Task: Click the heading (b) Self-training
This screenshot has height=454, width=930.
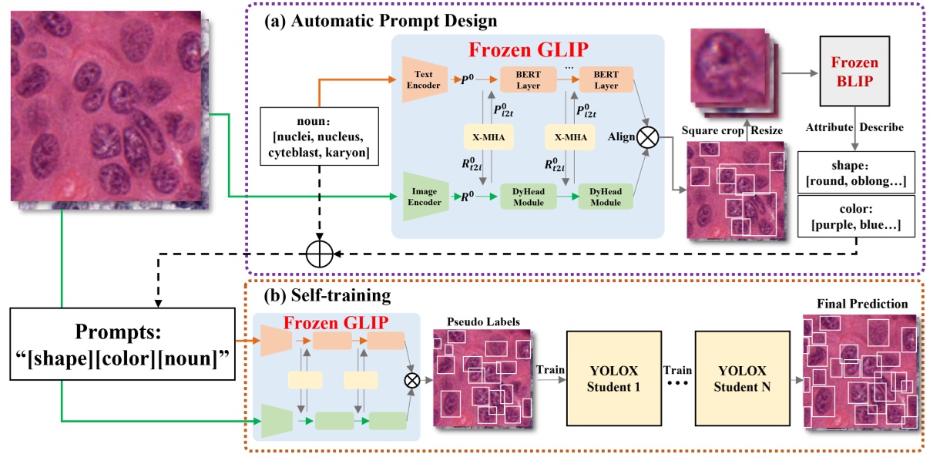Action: coord(312,296)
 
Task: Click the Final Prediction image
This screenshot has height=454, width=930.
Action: coord(858,371)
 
